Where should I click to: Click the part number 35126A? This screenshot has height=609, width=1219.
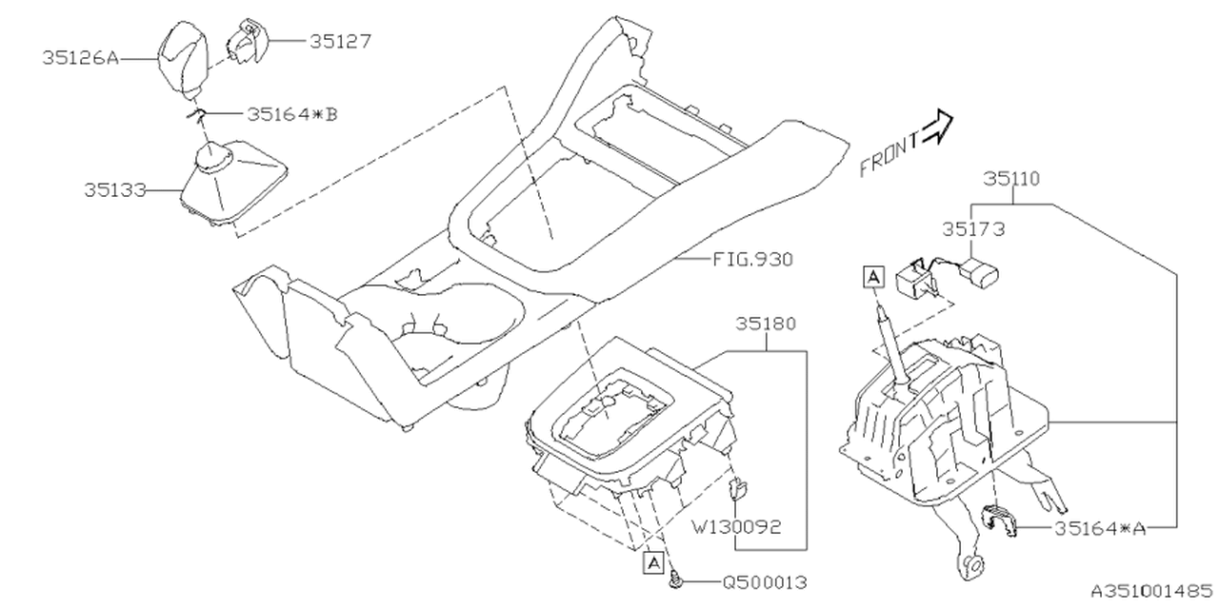click(79, 58)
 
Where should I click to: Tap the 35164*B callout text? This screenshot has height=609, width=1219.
click(291, 114)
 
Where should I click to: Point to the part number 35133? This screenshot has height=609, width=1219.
click(113, 189)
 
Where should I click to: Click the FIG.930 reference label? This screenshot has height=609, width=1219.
click(751, 258)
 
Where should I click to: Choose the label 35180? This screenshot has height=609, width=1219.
click(767, 324)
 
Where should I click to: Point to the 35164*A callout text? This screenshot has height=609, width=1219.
click(1100, 527)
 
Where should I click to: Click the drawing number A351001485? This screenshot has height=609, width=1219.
click(1151, 590)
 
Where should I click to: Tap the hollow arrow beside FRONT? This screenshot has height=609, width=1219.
click(939, 126)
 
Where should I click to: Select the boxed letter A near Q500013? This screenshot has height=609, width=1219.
click(653, 562)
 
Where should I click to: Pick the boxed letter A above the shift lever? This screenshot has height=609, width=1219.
click(873, 276)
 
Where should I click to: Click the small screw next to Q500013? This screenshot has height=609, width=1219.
click(675, 579)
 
